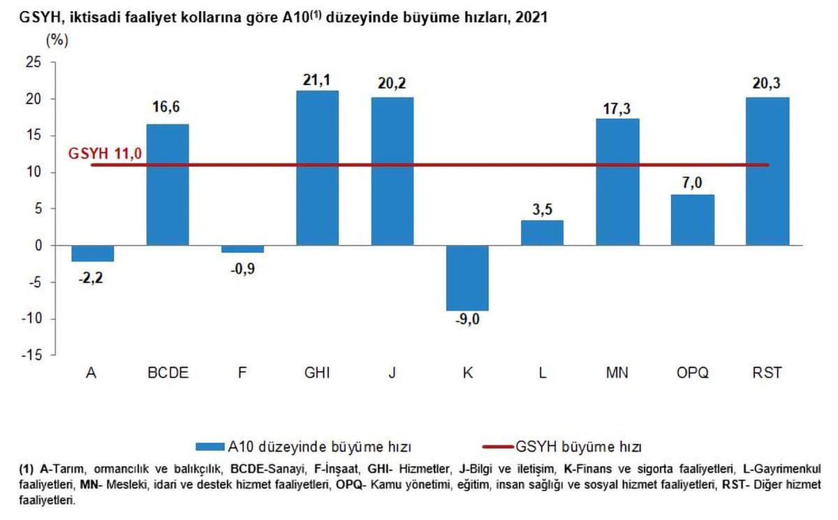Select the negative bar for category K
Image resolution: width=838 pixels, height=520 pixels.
click(467, 278)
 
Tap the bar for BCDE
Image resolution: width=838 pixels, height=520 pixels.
click(167, 184)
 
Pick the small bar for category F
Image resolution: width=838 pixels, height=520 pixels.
click(242, 249)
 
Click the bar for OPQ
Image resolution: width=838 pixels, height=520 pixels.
click(693, 220)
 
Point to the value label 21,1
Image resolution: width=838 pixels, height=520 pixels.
click(317, 80)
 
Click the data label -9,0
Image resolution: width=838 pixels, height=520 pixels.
click(467, 321)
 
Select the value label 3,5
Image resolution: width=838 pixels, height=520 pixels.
click(542, 209)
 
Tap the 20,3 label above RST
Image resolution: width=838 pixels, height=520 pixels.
click(767, 84)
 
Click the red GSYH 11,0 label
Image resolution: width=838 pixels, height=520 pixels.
click(105, 154)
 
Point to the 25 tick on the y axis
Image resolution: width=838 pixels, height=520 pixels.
click(34, 63)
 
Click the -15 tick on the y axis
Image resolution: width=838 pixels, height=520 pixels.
click(31, 355)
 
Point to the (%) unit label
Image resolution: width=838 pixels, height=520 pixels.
click(57, 40)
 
